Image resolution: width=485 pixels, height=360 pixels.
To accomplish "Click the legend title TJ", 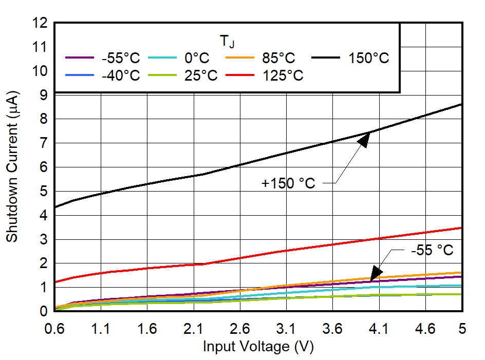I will [227, 41].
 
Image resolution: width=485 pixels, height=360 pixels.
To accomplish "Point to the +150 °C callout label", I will [288, 183].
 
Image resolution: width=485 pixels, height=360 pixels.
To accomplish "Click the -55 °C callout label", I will [432, 251].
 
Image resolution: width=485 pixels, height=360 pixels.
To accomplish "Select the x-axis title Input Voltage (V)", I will [258, 347].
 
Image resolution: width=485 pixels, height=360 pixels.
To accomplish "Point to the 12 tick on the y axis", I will [39, 23].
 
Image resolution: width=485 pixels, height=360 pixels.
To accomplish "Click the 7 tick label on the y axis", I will [43, 143].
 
